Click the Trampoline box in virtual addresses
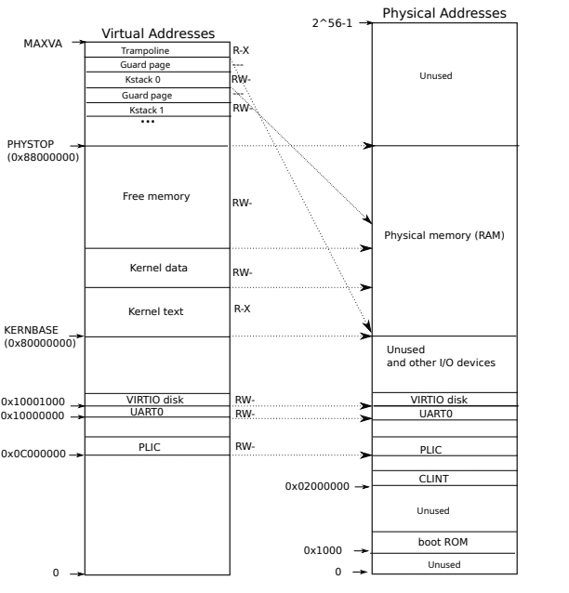(156, 50)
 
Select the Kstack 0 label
(156, 80)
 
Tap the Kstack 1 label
(156, 111)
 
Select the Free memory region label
(156, 197)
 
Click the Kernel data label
(158, 268)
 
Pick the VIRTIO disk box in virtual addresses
(158, 400)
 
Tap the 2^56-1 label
(333, 20)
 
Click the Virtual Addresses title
(157, 34)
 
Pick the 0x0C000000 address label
(34, 455)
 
